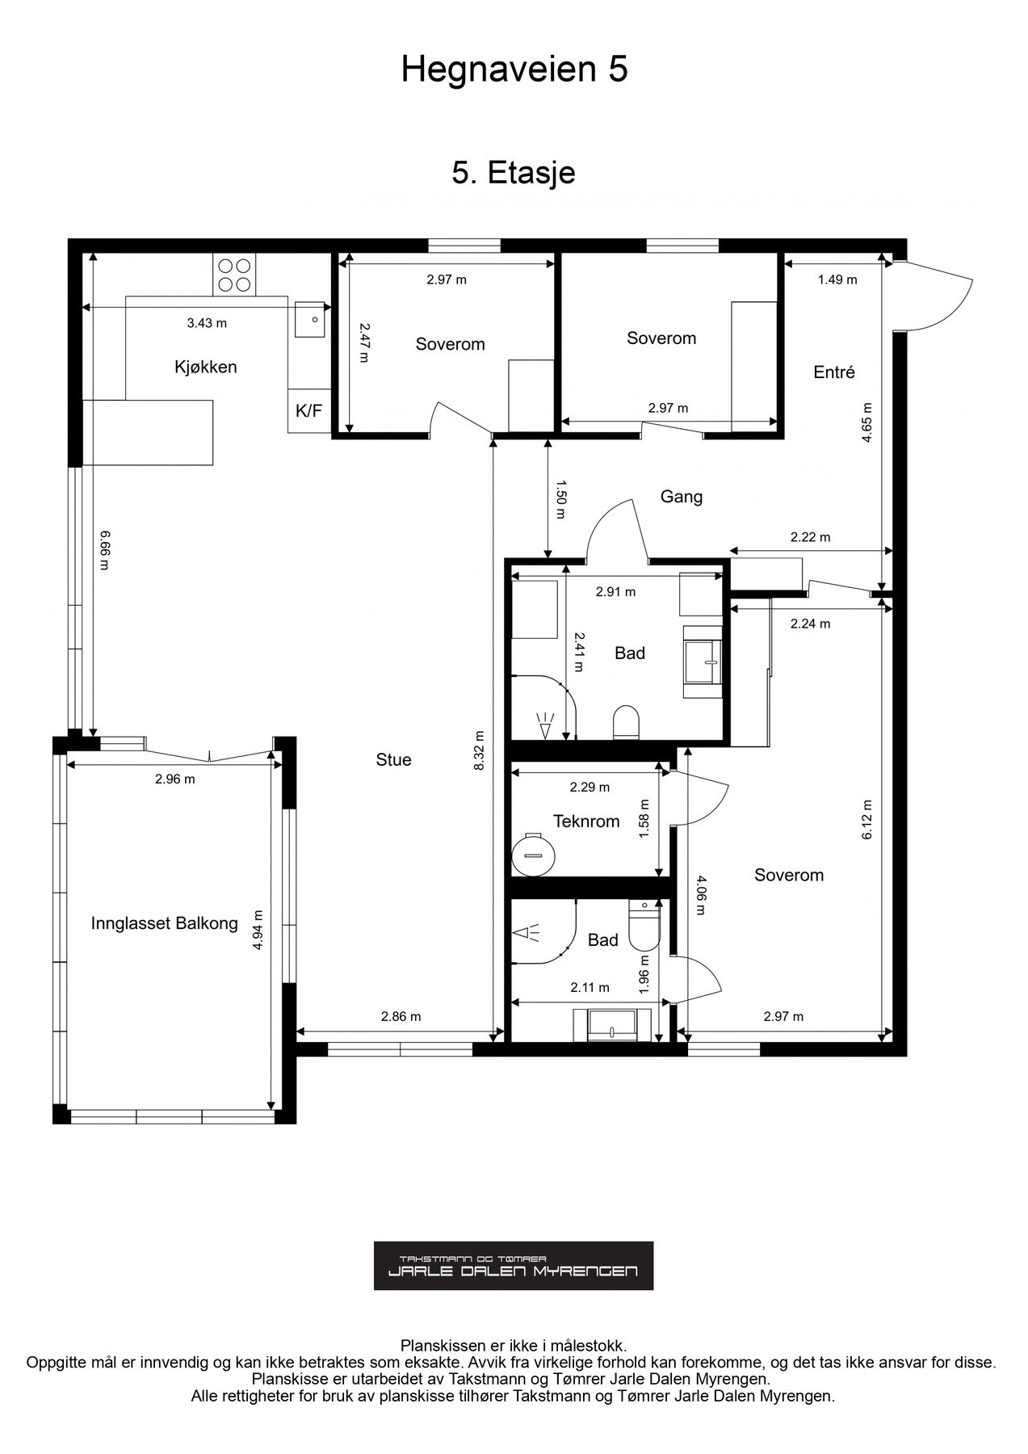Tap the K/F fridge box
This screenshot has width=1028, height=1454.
[308, 411]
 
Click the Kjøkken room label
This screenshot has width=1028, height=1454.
[206, 367]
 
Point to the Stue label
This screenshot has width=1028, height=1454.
[393, 759]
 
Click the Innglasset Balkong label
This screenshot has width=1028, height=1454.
[165, 923]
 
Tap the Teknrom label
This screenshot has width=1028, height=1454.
[586, 822]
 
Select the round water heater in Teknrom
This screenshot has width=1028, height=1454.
[533, 852]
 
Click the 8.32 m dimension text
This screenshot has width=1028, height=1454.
[480, 751]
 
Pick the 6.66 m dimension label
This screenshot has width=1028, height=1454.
[103, 550]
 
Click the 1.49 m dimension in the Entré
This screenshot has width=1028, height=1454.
[837, 279]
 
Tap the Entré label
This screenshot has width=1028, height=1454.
[834, 372]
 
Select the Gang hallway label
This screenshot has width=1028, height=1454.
[682, 496]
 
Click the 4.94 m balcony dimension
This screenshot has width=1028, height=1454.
[258, 930]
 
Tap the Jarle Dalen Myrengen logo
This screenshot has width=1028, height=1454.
[514, 1266]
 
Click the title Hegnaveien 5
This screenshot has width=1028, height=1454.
[514, 70]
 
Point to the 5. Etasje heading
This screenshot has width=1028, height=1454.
[514, 173]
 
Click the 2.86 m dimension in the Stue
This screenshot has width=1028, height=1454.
[401, 1017]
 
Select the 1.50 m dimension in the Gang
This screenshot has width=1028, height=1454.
[560, 493]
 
